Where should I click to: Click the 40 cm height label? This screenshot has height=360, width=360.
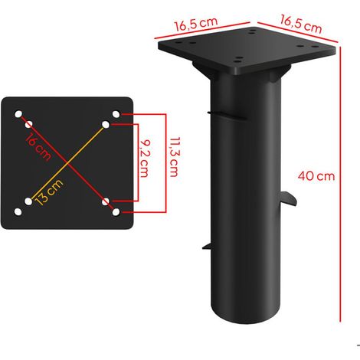click(316, 176)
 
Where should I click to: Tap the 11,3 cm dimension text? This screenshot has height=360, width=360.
click(175, 157)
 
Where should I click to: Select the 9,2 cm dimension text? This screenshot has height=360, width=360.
click(145, 159)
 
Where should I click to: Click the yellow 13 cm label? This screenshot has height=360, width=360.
click(49, 191)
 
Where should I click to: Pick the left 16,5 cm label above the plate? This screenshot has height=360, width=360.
click(196, 24)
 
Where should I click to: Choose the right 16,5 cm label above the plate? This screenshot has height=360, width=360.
click(301, 24)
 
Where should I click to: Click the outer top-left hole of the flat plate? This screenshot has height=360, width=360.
click(18, 114)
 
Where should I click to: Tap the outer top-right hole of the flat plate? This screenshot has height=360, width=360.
click(116, 114)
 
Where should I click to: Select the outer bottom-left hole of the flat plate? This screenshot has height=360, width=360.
click(18, 211)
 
